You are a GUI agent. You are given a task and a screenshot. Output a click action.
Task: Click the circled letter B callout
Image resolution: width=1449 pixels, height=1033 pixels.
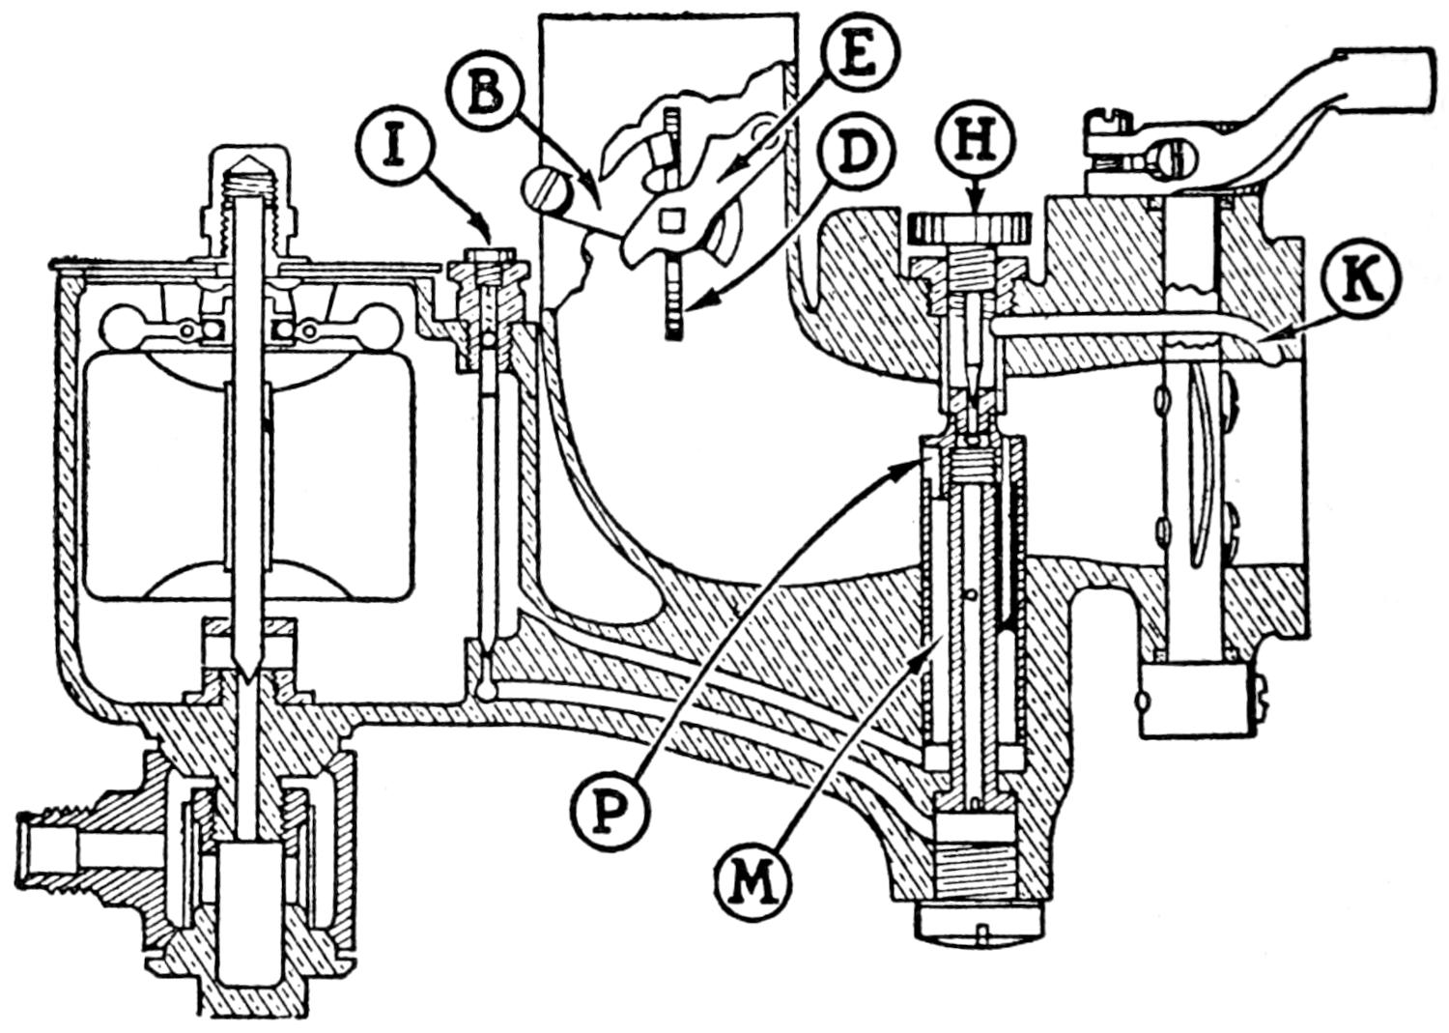[x=486, y=95]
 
